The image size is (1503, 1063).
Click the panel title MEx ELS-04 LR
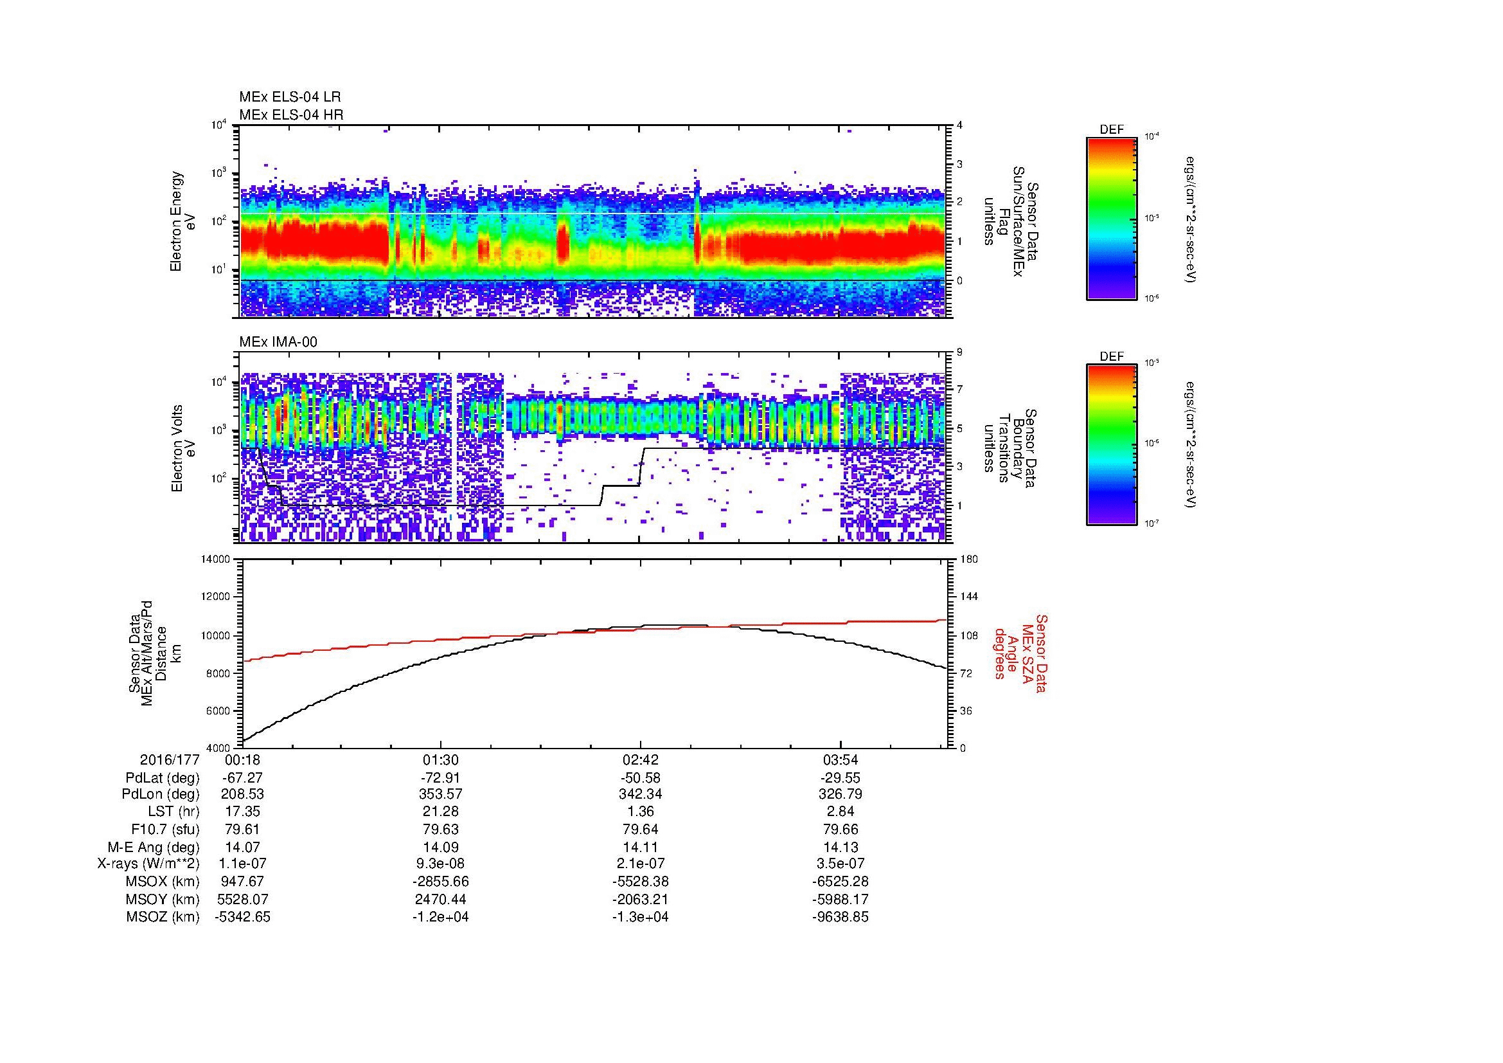[x=289, y=97]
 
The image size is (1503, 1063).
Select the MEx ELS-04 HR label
[x=290, y=114]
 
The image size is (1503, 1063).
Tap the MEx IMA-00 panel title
[x=278, y=342]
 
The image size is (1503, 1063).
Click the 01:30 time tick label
[x=440, y=759]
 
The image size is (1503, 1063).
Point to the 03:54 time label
[x=840, y=759]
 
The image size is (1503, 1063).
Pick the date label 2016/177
[x=169, y=759]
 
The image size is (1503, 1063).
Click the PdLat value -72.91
[x=440, y=778]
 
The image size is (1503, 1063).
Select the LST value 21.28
[x=440, y=812]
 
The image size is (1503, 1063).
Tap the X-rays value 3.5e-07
[x=840, y=864]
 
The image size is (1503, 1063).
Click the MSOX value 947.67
[x=243, y=882]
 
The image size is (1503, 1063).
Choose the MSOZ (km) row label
[x=163, y=917]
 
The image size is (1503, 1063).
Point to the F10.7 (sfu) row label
[x=165, y=829]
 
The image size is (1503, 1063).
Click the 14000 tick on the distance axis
[x=215, y=559]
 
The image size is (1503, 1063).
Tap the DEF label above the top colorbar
[x=1111, y=130]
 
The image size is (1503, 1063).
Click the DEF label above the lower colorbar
[x=1111, y=357]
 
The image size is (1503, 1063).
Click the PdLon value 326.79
[x=840, y=794]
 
